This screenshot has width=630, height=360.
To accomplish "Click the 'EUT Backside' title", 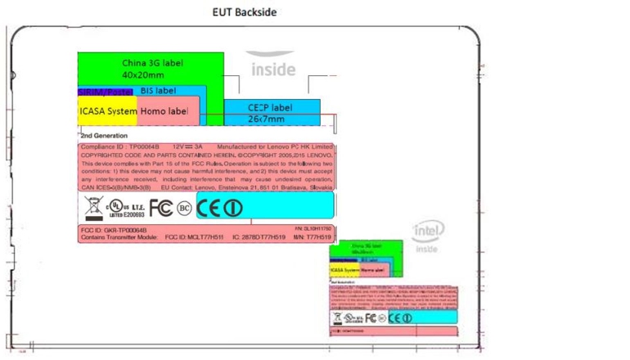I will (244, 12).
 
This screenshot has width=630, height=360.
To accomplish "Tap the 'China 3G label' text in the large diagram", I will (153, 62).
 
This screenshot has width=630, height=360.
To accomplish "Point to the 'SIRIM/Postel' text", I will (105, 92).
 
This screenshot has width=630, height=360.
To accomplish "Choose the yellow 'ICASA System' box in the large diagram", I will (107, 111).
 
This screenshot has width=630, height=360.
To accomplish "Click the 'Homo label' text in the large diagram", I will (164, 111).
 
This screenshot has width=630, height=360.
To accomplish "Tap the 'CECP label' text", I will (269, 107).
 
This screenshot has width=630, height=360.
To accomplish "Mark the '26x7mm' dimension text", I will (266, 119).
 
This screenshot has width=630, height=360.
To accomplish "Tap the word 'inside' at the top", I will (272, 69).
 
